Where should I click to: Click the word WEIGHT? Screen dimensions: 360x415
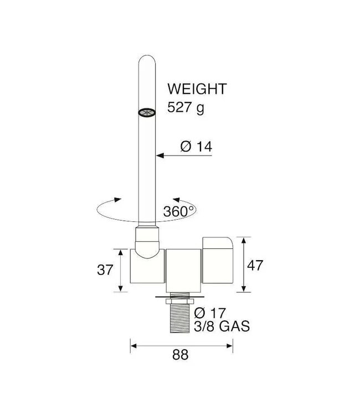(x=197, y=89)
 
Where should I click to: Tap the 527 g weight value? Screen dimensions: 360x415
(x=186, y=107)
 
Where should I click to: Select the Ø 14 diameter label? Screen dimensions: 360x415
(x=196, y=147)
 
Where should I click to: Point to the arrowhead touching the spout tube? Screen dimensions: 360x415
(x=160, y=155)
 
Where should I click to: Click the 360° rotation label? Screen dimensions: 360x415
(x=179, y=211)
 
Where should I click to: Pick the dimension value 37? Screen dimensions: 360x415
(x=105, y=270)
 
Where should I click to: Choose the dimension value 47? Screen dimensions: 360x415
(x=255, y=265)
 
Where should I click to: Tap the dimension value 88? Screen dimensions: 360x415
(x=181, y=355)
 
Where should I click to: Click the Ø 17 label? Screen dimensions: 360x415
(x=210, y=313)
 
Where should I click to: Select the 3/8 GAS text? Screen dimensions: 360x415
(x=222, y=326)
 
